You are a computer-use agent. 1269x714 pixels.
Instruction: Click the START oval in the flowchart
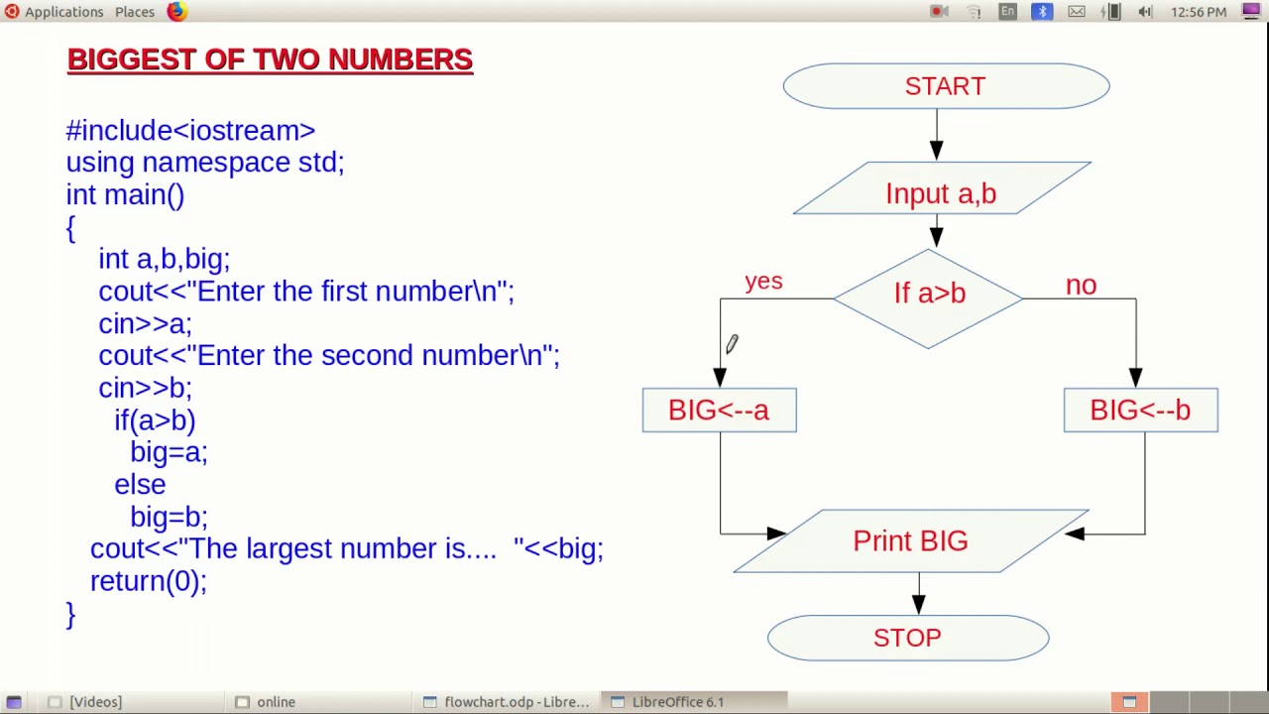point(946,86)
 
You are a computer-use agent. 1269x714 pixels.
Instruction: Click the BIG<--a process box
point(719,411)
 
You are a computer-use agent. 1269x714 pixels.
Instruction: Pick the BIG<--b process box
point(1140,411)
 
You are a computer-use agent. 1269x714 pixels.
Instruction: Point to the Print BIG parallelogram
point(910,540)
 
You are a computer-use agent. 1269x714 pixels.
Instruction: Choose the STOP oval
point(907,638)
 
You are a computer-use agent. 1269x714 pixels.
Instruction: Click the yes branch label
point(763,282)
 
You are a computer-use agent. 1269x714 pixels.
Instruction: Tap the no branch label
point(1081,286)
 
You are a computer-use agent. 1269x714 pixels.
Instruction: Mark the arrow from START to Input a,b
point(936,135)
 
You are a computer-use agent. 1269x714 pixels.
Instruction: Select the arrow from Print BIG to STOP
point(918,593)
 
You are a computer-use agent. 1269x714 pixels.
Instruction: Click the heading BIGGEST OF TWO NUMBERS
point(270,59)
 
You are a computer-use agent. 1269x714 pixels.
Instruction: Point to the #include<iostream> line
point(190,131)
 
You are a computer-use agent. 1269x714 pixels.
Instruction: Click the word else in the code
point(140,485)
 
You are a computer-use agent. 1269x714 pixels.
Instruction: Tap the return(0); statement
point(148,581)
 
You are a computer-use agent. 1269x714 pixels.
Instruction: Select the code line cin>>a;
point(145,324)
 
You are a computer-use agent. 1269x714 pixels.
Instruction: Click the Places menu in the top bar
point(135,12)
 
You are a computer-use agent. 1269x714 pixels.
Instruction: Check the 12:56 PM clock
point(1199,12)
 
